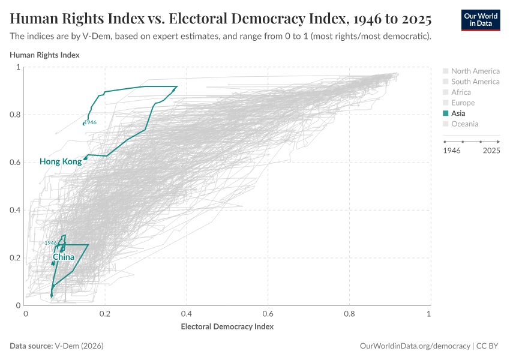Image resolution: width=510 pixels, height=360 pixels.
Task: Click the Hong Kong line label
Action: coord(60,161)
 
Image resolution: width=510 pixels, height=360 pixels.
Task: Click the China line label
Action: coord(64,257)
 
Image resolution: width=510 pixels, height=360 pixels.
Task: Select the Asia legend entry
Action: coord(458,113)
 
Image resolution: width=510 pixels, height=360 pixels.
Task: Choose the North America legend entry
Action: coord(475,71)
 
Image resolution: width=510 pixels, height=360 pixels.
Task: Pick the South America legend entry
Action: coord(475,82)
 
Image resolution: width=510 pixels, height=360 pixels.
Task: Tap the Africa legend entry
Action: coord(461,92)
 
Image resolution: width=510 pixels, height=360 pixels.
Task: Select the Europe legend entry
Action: coord(463,103)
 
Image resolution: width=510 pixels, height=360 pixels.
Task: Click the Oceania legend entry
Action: coord(464,124)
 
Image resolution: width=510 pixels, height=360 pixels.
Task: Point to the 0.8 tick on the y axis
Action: coord(16,115)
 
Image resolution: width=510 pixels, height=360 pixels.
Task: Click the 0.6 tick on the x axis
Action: coord(268,314)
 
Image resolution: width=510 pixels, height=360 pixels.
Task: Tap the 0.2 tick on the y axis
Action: coord(16,258)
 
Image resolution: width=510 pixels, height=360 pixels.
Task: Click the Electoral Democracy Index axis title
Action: coord(227,327)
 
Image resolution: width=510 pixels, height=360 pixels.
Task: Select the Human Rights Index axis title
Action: coord(44,55)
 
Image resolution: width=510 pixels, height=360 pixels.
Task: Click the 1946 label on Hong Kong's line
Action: coord(91,122)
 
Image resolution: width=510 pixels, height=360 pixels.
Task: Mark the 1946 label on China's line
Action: coord(50,243)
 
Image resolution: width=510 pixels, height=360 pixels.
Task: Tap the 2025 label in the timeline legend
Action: coord(491,151)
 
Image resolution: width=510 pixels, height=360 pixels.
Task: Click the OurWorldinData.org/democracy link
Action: coord(415,346)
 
